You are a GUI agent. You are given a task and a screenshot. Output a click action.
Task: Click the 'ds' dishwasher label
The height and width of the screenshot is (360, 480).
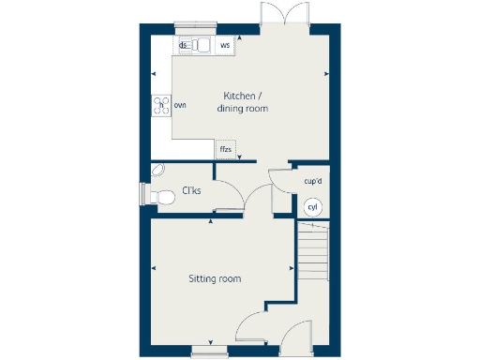click(184, 45)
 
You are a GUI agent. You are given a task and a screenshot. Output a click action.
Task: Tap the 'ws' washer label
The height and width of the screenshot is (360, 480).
click(225, 45)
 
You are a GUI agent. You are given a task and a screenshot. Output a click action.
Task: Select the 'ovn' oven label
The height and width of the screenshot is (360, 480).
click(180, 104)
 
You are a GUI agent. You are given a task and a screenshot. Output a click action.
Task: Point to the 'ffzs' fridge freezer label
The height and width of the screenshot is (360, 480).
click(226, 149)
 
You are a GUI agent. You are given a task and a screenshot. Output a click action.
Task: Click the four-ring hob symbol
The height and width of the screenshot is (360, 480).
click(159, 104)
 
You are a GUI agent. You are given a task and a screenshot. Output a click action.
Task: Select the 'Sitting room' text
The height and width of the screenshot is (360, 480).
click(215, 278)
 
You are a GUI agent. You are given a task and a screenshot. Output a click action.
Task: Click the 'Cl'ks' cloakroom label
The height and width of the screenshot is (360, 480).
click(191, 191)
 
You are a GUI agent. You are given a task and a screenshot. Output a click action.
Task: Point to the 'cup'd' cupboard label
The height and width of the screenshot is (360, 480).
click(313, 181)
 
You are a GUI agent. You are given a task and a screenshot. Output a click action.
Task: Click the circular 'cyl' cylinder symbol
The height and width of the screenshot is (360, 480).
click(313, 207)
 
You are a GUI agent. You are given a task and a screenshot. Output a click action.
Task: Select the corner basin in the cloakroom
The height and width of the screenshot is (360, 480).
click(158, 169)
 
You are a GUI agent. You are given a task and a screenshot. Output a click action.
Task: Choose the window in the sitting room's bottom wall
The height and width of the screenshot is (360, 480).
click(208, 352)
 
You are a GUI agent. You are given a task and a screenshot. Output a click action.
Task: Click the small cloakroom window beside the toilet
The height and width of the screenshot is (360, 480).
click(142, 194)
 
